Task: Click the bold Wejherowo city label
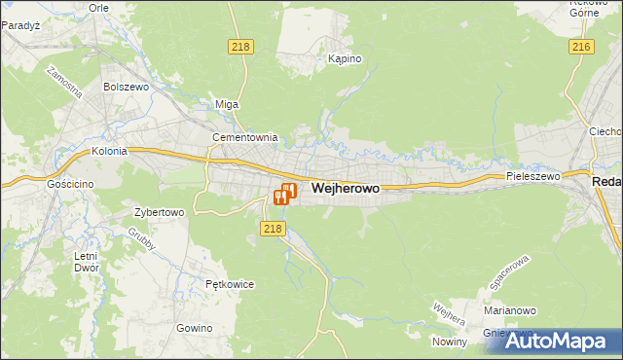click(345, 189)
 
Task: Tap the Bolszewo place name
click(124, 87)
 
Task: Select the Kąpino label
click(345, 59)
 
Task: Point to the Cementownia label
click(246, 137)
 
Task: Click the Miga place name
click(227, 104)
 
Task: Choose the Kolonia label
click(111, 152)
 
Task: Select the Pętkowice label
click(230, 284)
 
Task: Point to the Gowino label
click(195, 328)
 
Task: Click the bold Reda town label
click(607, 182)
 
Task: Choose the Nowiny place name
click(451, 342)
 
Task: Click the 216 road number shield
click(582, 47)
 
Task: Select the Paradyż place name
click(19, 26)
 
